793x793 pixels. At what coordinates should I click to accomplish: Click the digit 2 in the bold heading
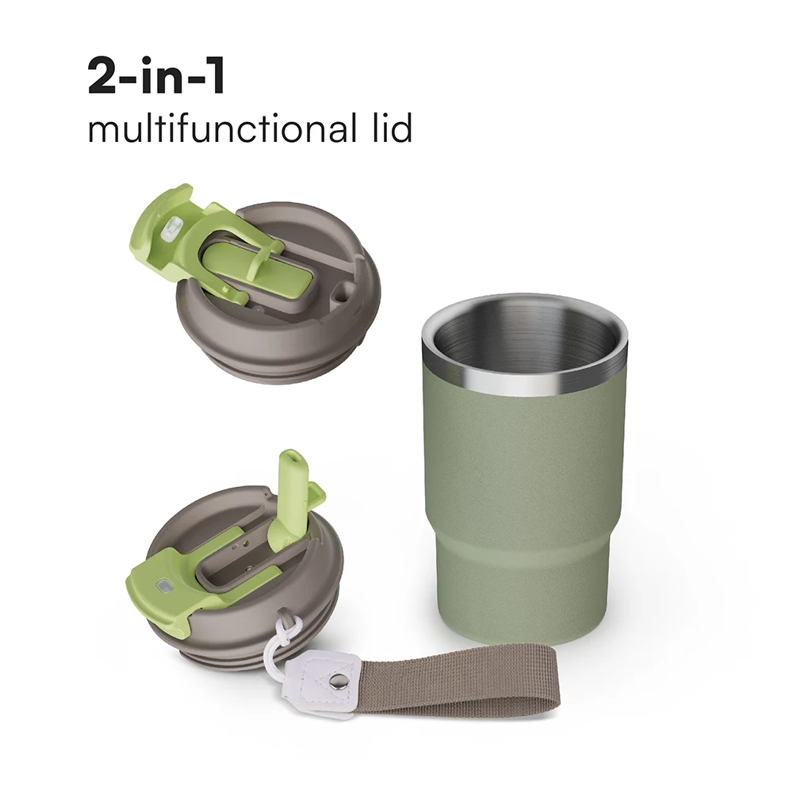coord(105,77)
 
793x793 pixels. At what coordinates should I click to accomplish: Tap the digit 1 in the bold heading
coord(213,77)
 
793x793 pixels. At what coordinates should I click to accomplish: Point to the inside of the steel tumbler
coord(523,333)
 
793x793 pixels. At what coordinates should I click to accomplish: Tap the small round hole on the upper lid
coord(341,295)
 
